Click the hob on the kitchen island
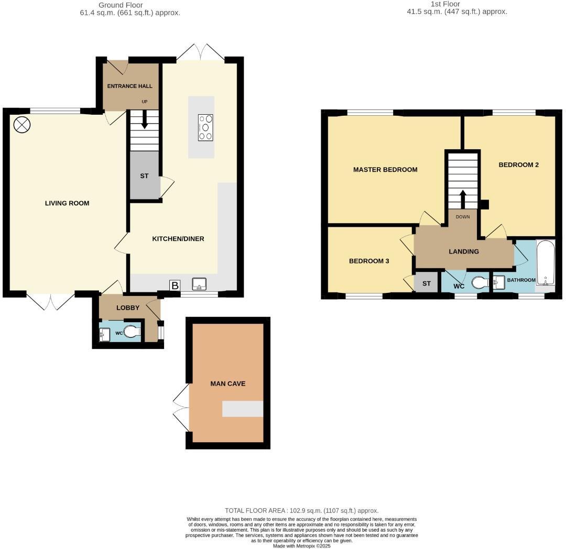205,127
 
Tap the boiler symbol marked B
175,286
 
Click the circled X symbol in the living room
22,125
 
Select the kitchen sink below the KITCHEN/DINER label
200,284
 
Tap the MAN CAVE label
227,383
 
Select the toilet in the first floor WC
479,283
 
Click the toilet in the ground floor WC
132,332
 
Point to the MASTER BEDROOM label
385,169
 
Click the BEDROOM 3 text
369,261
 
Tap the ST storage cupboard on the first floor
426,283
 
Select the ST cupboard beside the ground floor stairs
144,176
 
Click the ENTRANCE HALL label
129,86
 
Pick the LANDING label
464,251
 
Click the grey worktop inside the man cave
242,409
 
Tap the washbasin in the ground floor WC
103,333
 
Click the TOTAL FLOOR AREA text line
301,510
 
